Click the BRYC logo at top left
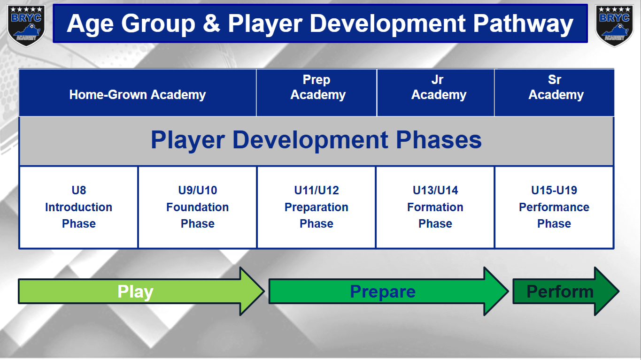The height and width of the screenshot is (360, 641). pyautogui.click(x=26, y=25)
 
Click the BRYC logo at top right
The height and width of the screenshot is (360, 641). pyautogui.click(x=614, y=25)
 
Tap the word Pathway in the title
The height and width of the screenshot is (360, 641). pyautogui.click(x=523, y=24)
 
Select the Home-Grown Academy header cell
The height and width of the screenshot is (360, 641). pyautogui.click(x=137, y=92)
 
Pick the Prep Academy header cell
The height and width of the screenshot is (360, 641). pyautogui.click(x=317, y=92)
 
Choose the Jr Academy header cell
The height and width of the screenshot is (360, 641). pyautogui.click(x=435, y=92)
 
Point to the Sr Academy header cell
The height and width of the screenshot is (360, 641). pyautogui.click(x=554, y=92)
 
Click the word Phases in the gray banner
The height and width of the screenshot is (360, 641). pyautogui.click(x=439, y=140)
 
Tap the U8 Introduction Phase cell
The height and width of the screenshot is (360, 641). pyautogui.click(x=79, y=207)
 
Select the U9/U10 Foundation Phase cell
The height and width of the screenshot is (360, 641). pyautogui.click(x=197, y=207)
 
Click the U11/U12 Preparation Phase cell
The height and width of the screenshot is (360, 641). pyautogui.click(x=317, y=207)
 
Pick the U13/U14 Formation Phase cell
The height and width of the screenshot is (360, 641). pyautogui.click(x=435, y=207)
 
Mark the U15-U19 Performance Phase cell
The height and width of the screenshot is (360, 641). pyautogui.click(x=554, y=207)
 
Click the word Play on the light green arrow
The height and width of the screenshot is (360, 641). pyautogui.click(x=135, y=292)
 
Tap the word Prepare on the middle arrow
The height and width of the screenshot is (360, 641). pyautogui.click(x=383, y=292)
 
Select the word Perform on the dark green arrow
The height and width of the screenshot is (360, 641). pyautogui.click(x=560, y=291)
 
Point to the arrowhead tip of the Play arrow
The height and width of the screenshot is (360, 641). pyautogui.click(x=264, y=291)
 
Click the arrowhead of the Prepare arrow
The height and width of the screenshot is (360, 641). pyautogui.click(x=496, y=291)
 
